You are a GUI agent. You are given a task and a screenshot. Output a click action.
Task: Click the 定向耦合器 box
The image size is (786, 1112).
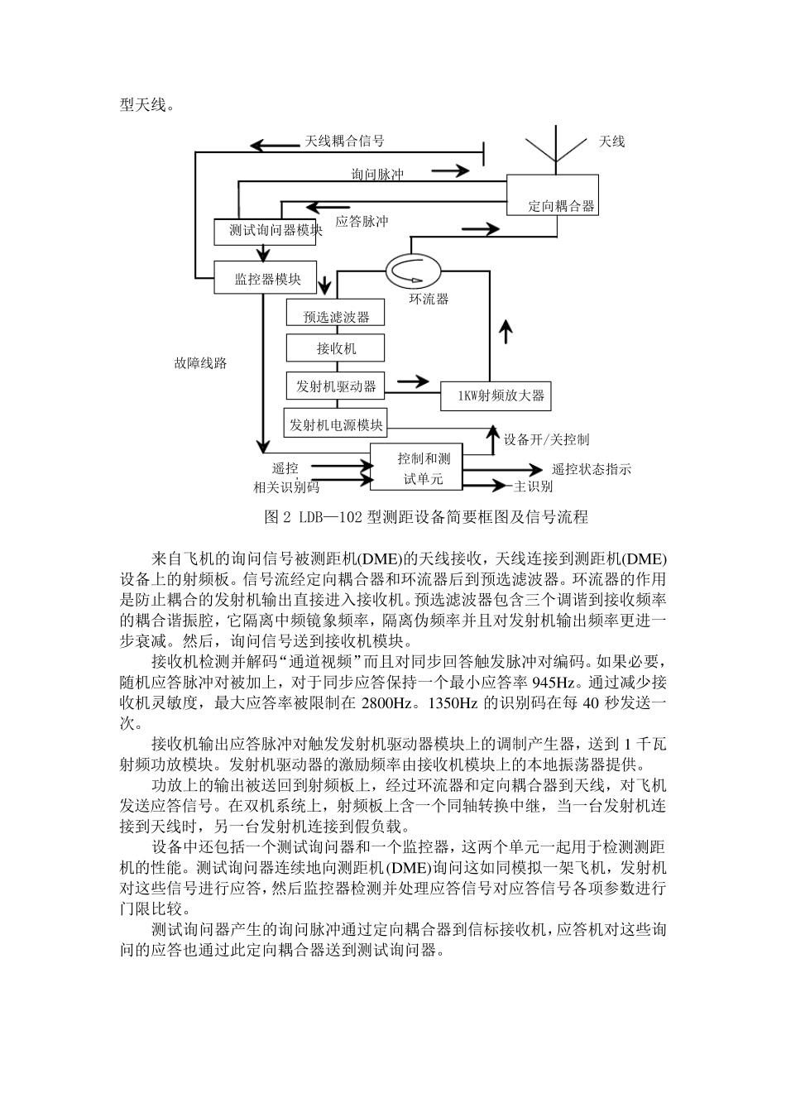point(552,195)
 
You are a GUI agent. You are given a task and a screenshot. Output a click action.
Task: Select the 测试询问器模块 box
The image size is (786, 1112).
point(276,230)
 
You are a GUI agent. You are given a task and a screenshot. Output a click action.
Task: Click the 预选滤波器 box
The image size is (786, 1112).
point(335,315)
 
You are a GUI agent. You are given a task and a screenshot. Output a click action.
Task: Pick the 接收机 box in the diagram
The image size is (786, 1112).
point(335,348)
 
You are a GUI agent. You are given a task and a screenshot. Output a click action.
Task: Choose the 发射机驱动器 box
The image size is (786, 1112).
point(335,386)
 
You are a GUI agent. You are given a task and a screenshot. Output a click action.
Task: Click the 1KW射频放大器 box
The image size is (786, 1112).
point(495,395)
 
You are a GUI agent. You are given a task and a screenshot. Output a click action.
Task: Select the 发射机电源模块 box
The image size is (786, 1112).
point(335,425)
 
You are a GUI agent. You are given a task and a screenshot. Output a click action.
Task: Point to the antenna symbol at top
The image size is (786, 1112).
point(554,149)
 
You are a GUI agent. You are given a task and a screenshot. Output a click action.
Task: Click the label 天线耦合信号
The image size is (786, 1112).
point(344,141)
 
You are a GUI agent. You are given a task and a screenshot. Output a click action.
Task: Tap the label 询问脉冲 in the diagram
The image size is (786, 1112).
point(377,175)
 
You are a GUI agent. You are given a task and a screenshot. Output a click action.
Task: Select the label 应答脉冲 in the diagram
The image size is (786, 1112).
point(362,221)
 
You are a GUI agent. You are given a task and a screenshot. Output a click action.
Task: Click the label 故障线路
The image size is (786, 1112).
point(200,362)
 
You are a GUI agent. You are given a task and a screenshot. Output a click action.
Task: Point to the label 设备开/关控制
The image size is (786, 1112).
point(546,439)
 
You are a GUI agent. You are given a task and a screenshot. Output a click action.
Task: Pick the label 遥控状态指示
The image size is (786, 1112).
point(591,469)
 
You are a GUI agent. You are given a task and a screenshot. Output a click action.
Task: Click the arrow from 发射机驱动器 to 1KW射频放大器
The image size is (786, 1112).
point(413,382)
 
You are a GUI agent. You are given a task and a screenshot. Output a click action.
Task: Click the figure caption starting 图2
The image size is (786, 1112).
point(425,517)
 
